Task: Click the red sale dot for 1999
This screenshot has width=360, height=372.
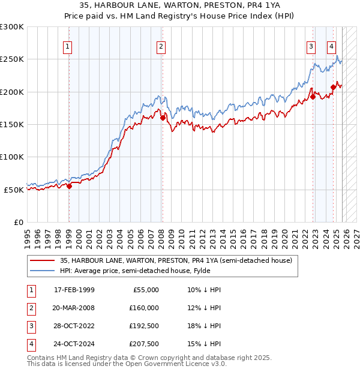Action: point(68,186)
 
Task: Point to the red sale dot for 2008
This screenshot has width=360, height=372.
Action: point(162,118)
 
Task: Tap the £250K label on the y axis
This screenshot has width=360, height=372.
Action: point(12,59)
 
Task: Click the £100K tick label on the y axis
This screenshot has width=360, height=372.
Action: point(12,157)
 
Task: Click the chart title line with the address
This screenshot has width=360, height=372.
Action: point(179,5)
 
